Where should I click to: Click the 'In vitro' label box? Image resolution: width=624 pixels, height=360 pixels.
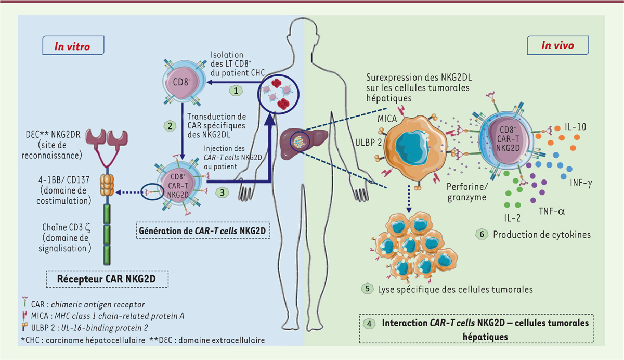72,46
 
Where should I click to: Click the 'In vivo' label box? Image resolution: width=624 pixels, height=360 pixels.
557,45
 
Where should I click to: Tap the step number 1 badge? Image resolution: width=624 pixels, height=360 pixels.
237,89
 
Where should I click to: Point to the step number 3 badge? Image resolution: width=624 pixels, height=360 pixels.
223,191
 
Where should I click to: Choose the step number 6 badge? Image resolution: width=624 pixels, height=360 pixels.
481,234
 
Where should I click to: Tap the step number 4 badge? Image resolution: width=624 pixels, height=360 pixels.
369,323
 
